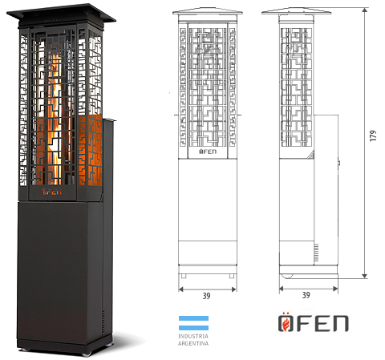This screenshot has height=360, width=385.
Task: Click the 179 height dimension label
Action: point(373,136)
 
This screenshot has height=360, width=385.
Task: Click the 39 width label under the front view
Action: point(206,296)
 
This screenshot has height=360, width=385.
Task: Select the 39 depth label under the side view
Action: point(306,295)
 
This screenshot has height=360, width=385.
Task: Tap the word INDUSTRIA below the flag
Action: point(193,336)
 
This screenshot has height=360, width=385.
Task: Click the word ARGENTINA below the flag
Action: point(193,343)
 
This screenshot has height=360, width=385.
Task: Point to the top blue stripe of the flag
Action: point(193,318)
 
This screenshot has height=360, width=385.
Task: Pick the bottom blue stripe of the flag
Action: point(193,328)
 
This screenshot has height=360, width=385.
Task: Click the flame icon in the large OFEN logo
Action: point(285,324)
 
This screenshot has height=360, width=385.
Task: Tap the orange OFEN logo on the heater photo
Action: point(51,192)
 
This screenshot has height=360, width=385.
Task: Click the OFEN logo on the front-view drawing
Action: point(208,152)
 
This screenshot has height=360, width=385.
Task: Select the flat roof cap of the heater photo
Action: point(61,14)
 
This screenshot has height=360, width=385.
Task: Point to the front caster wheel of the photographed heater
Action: point(87,354)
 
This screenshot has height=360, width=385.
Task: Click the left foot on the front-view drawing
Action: point(184,276)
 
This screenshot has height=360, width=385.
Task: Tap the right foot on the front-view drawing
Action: point(232,276)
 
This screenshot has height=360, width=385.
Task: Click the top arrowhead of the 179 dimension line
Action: point(365,10)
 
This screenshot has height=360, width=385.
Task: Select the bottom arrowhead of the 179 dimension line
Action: point(365,276)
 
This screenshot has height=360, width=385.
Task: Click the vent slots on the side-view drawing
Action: point(317,253)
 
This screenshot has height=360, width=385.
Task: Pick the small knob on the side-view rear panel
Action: point(339,163)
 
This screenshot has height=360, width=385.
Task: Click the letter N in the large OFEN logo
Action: point(340,324)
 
